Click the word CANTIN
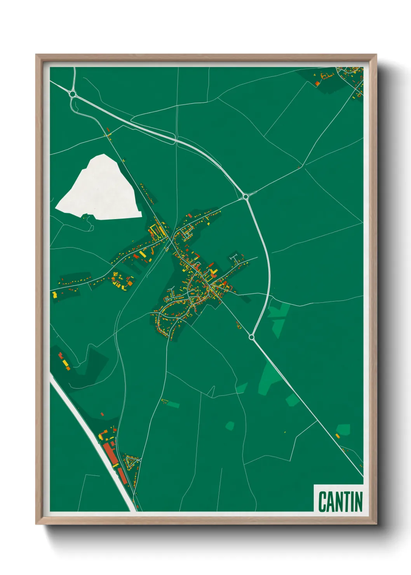[340, 502]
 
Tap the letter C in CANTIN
[322, 502]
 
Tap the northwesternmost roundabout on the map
[72, 94]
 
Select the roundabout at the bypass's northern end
[246, 197]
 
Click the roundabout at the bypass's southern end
[251, 337]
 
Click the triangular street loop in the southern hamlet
[132, 462]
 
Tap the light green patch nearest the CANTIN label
[343, 429]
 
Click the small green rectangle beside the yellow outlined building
[173, 405]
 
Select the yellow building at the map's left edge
[55, 295]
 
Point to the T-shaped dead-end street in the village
[234, 257]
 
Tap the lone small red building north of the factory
[102, 415]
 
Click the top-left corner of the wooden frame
[36, 55]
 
